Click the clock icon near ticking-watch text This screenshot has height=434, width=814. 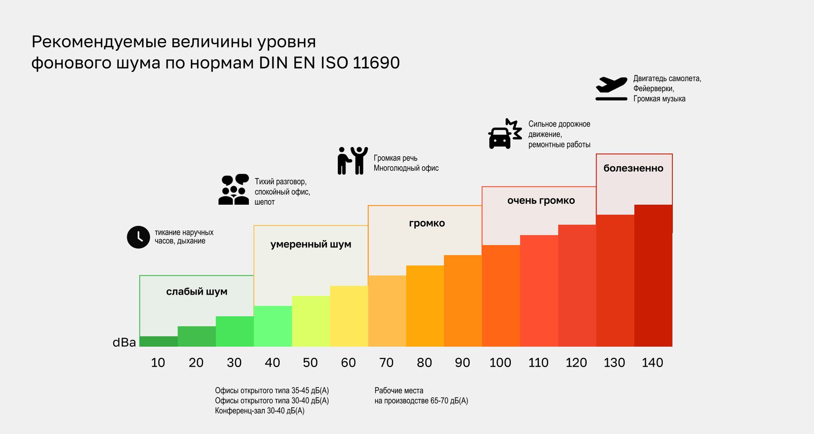[138, 237]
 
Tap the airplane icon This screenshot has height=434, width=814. [611, 89]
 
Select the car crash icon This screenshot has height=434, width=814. [505, 134]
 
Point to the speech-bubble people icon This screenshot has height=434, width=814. [234, 189]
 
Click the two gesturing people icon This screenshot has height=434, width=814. [352, 161]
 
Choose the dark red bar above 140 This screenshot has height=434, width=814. [653, 275]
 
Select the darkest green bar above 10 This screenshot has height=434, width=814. [159, 341]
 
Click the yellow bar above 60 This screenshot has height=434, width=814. [349, 316]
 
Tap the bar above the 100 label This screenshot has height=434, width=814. [501, 296]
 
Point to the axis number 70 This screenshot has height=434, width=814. [386, 363]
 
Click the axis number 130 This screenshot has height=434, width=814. [614, 363]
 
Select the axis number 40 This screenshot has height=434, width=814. [272, 363]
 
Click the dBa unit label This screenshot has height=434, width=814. [124, 342]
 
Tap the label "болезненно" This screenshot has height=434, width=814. [633, 168]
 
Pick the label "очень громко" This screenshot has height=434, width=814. [541, 201]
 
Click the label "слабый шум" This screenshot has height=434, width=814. [197, 292]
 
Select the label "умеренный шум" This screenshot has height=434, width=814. [311, 245]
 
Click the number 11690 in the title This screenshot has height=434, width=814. [376, 63]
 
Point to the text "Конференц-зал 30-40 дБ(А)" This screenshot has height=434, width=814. [259, 411]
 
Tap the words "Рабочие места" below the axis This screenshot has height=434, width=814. [399, 390]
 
